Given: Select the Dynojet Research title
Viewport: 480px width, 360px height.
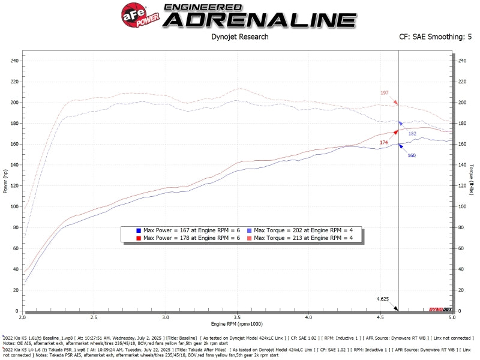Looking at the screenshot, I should (240, 37).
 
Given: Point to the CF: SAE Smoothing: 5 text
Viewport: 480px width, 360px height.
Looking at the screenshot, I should (431, 37).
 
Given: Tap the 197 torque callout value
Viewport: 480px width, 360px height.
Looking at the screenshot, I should (385, 93).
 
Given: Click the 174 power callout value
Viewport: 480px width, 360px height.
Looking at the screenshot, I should (384, 142).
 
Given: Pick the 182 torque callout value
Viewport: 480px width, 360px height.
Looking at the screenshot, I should (412, 133).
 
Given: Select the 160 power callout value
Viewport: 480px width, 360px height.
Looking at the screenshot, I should (412, 155).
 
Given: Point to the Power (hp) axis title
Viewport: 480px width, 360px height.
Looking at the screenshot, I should (5, 180).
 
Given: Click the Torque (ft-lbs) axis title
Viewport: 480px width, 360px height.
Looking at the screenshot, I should (472, 180).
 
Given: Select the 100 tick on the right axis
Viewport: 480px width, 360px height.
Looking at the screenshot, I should (461, 206).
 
